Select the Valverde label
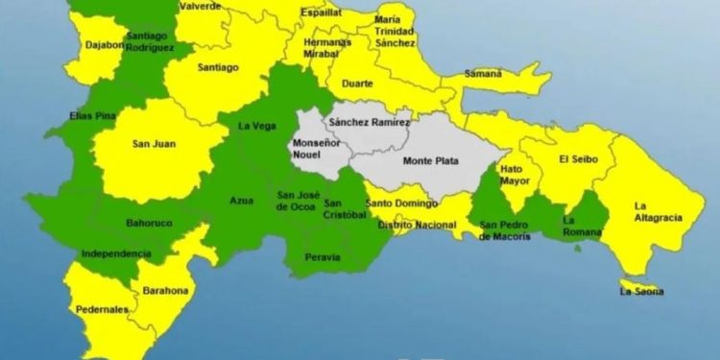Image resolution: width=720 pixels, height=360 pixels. pos(201,6)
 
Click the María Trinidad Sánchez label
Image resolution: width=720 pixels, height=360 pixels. pos(396,31)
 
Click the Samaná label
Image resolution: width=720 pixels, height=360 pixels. pos(483,74)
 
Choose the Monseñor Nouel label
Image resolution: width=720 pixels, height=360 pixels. pos(314,149)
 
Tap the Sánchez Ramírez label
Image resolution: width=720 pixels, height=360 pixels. pos(369,123)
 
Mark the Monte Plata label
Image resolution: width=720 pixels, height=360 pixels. pos(428,160)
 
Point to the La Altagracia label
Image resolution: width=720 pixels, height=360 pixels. pos(658,211)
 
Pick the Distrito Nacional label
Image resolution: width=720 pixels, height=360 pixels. pos(416,224)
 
